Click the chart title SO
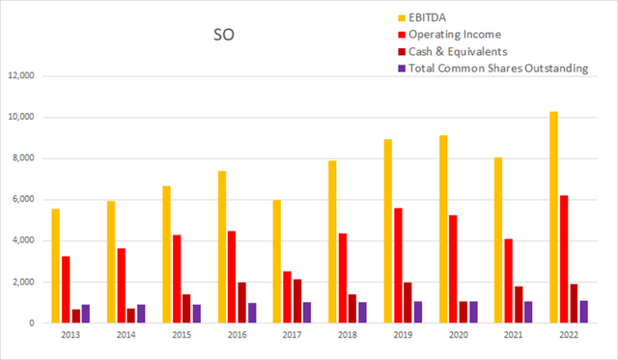[222, 37]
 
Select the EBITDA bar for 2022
[552, 217]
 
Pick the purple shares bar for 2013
[86, 314]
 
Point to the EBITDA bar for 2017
[278, 262]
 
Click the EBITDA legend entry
[438, 17]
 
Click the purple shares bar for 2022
[584, 312]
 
